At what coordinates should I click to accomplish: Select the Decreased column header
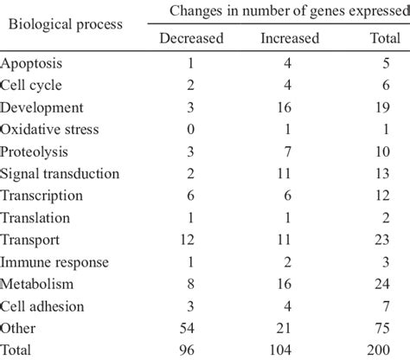pyautogui.click(x=191, y=39)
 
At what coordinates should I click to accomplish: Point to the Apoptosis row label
pyautogui.click(x=33, y=64)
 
